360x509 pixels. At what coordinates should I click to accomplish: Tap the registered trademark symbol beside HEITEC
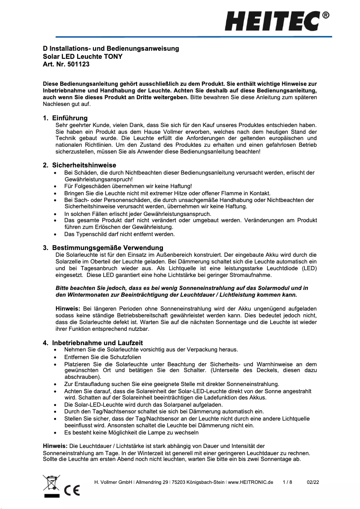coord(326,15)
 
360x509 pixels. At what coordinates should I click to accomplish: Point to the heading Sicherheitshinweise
coord(84,165)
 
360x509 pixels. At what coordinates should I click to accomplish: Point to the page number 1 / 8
coord(287,483)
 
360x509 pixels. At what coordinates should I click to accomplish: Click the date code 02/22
coord(313,483)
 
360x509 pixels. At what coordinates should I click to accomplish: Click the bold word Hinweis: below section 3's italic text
coord(68,309)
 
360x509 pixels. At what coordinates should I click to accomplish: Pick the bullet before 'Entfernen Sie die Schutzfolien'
coord(55,357)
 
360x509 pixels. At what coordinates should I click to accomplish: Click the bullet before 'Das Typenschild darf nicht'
coord(55,234)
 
